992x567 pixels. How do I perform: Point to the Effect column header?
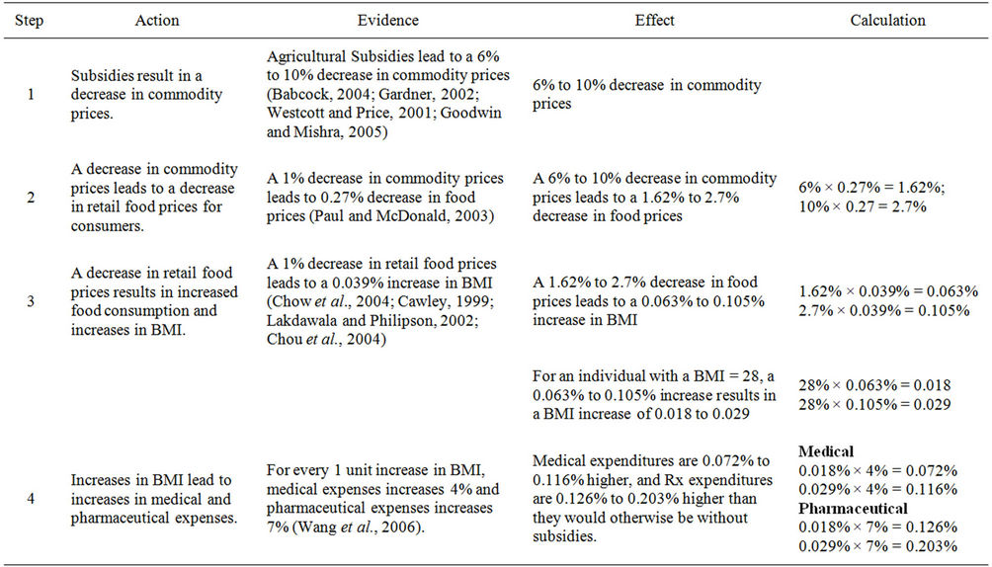653,20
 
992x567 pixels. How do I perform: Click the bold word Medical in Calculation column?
826,451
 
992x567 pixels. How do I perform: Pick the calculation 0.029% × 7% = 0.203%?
877,545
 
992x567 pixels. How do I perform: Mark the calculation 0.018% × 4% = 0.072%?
877,470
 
